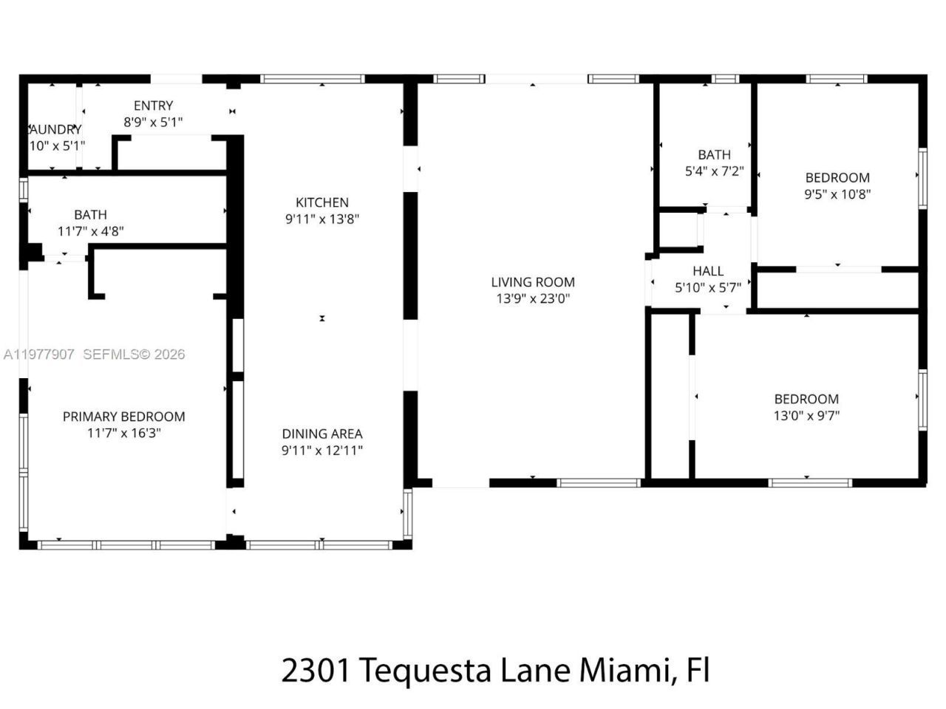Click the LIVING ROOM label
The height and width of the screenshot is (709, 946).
point(533,282)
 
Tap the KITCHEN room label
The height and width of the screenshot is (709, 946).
point(322,202)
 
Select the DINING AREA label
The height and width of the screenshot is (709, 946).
point(322,434)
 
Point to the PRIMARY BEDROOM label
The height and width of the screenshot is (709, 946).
point(124,417)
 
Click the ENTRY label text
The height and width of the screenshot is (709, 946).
point(154,106)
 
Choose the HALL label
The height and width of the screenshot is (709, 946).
point(708,271)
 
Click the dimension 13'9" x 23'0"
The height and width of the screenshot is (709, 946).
point(533,299)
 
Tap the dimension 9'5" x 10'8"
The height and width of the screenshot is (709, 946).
point(837,194)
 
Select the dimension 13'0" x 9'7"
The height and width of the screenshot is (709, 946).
point(806,416)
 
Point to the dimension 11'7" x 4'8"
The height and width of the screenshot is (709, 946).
point(91,231)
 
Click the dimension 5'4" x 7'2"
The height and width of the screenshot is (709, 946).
point(714,171)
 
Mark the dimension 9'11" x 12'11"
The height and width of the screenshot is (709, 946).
point(322,451)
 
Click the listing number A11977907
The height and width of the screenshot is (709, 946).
point(39,354)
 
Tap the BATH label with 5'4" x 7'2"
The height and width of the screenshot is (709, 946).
point(714,154)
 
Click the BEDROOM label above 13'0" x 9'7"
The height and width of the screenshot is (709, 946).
point(806,399)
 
